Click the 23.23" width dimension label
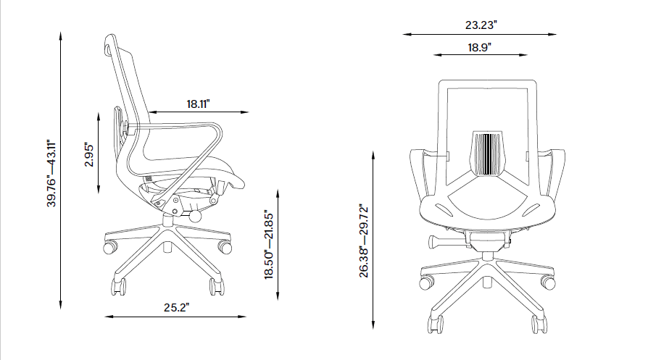click(481, 25)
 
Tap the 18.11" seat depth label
click(198, 104)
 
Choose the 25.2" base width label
click(175, 307)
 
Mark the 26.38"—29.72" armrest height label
click(365, 240)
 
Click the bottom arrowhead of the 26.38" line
click(374, 325)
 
